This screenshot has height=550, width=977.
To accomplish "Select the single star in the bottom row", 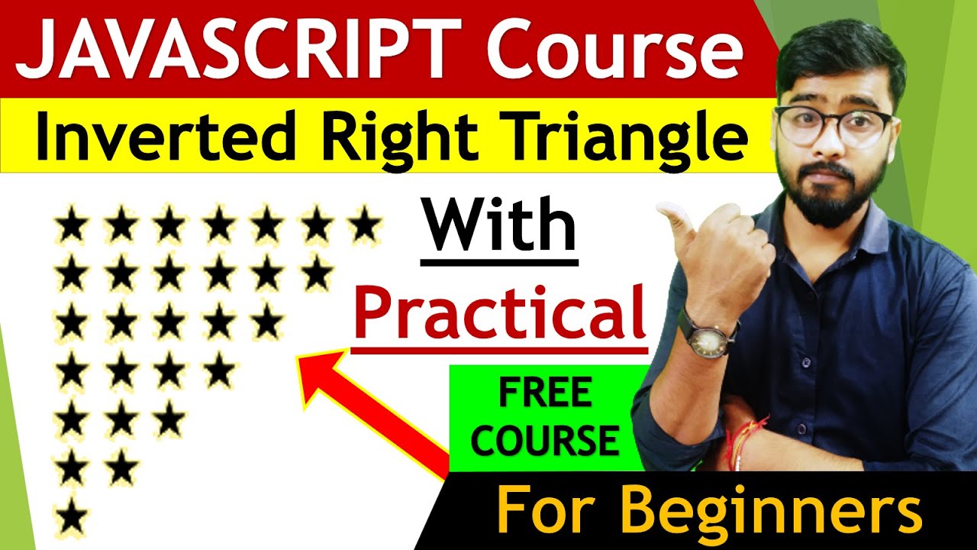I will (72, 517).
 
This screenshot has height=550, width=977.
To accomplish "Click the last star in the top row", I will (364, 226).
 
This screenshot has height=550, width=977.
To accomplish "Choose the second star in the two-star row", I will (121, 468).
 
